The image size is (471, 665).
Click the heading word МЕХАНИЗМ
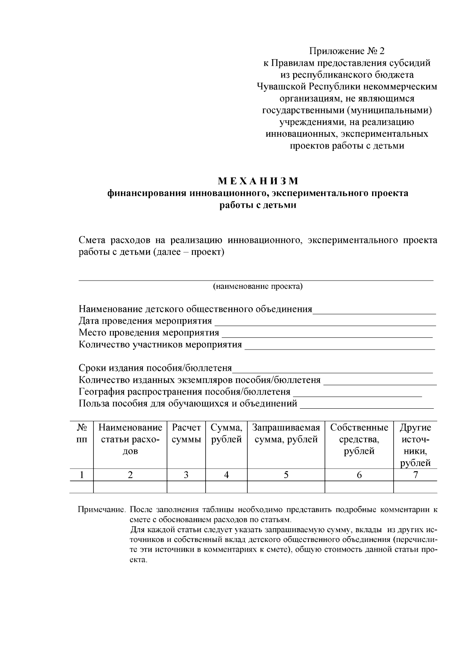point(258,181)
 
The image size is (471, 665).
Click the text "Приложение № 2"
point(347,51)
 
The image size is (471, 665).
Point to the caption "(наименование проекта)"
point(258,286)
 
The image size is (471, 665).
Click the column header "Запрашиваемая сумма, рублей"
point(286,433)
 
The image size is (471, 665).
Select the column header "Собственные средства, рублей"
point(359,439)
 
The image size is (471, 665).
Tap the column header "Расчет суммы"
point(186,433)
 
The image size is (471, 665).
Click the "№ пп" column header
point(81,433)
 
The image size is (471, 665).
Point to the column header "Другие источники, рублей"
point(415,445)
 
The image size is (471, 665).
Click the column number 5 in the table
point(286,475)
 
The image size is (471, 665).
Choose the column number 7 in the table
point(415,475)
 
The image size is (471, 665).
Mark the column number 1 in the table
point(81,475)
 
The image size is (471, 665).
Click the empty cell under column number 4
point(226,487)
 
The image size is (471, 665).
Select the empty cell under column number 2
point(130,487)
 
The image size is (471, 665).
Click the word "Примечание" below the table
point(101,510)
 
